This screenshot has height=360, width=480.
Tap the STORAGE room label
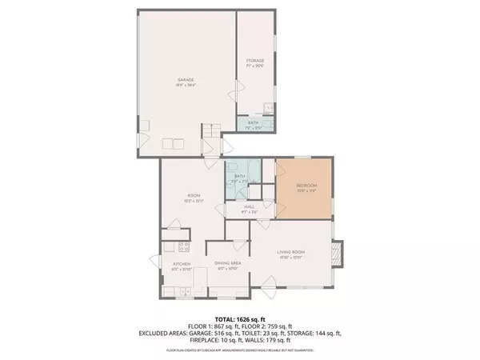(254, 62)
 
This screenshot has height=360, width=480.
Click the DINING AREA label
(229, 262)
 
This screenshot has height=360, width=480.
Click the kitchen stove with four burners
(182, 246)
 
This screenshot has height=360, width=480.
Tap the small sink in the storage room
(270, 108)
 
